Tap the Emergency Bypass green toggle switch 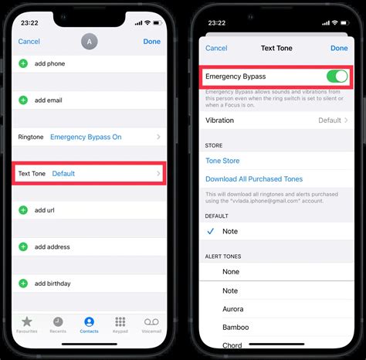[x=337, y=76]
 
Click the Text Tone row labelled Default [x=90, y=174]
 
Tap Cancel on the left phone [x=29, y=42]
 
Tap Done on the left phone [x=152, y=42]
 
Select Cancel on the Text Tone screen [x=216, y=48]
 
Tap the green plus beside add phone [x=23, y=63]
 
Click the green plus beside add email [x=23, y=100]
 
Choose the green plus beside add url [x=23, y=210]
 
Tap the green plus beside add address [x=23, y=247]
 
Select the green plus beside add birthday [x=23, y=284]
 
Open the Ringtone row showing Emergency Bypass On [x=90, y=137]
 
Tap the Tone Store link [x=222, y=161]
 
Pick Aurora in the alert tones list [x=234, y=309]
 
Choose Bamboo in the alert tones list [x=236, y=328]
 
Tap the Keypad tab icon [x=120, y=323]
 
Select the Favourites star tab [x=27, y=323]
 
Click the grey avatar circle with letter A [x=90, y=40]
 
